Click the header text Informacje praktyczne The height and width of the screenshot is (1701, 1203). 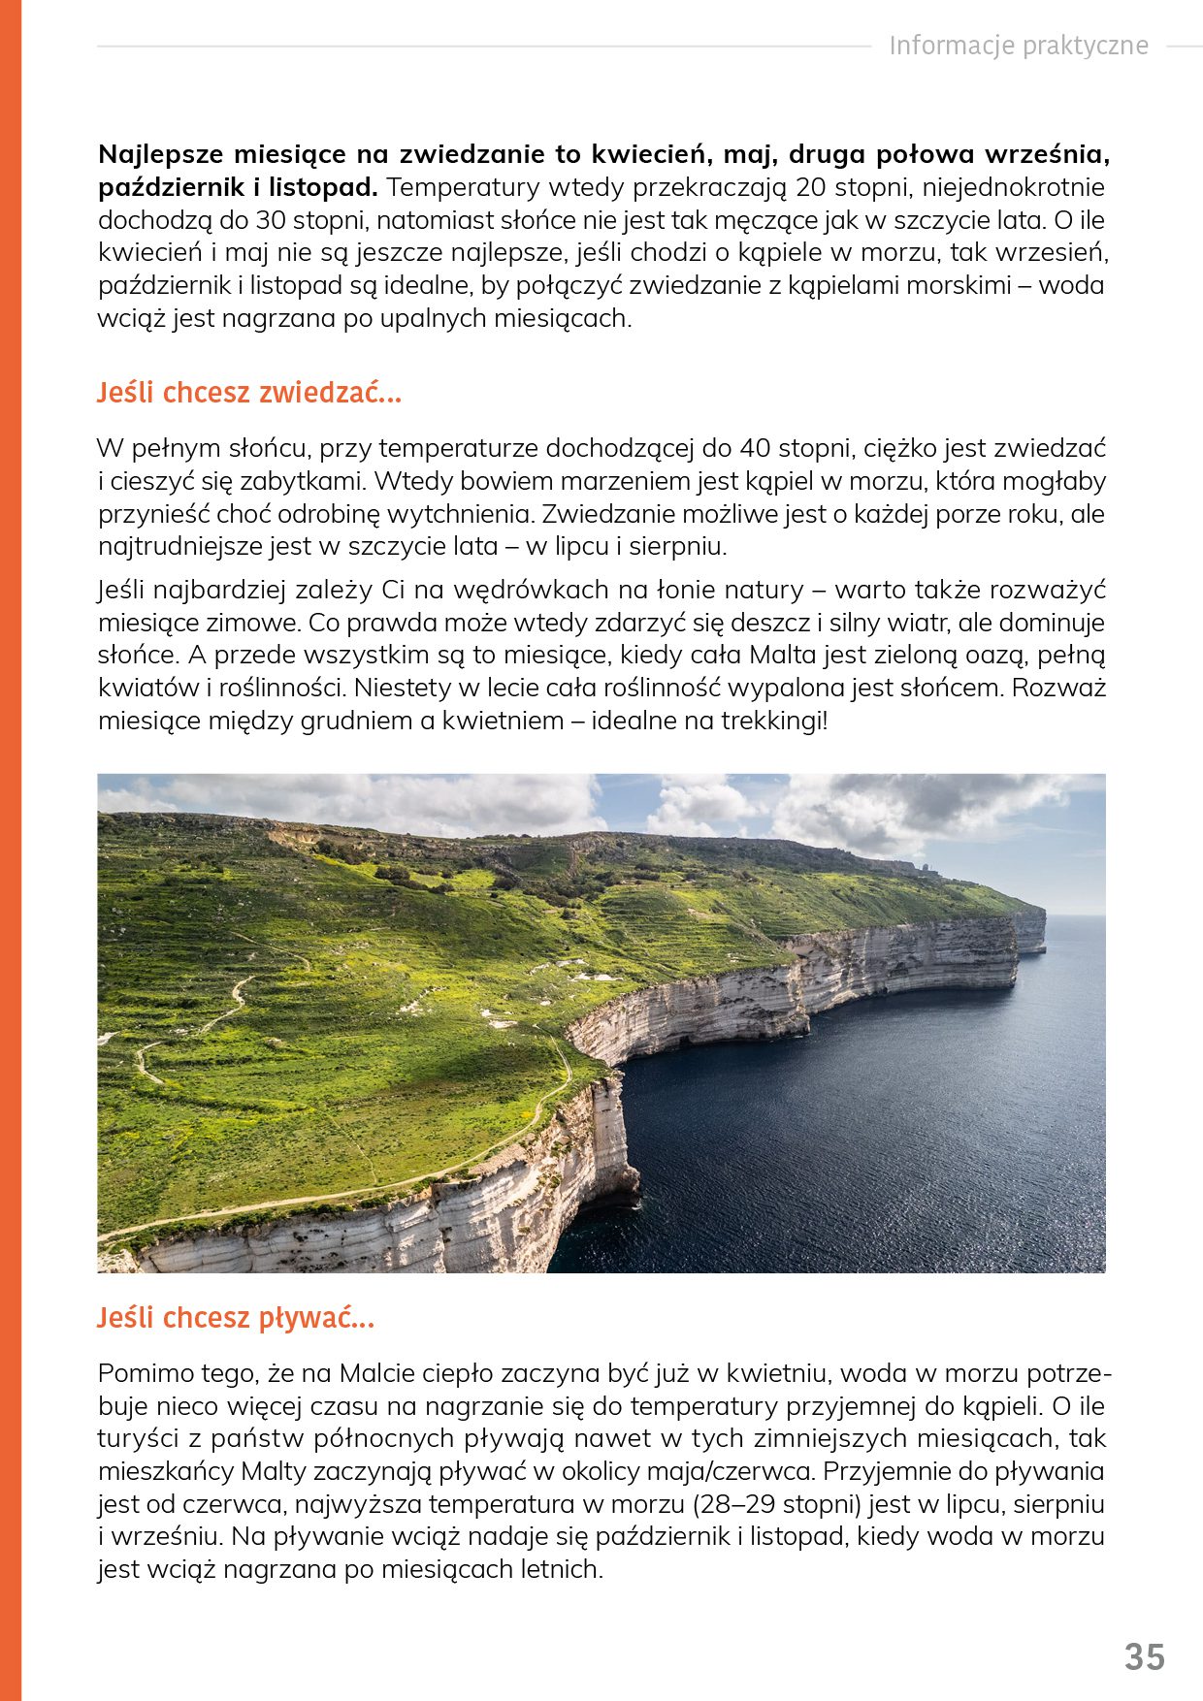coord(1019,46)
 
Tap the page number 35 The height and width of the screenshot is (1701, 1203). coord(1145,1657)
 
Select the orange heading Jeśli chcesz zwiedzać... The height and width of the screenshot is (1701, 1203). coord(248,393)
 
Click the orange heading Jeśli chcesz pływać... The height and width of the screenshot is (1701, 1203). coord(235,1318)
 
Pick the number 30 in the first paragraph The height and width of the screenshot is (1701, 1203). coord(273,220)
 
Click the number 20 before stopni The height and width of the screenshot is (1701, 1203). coord(812,187)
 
